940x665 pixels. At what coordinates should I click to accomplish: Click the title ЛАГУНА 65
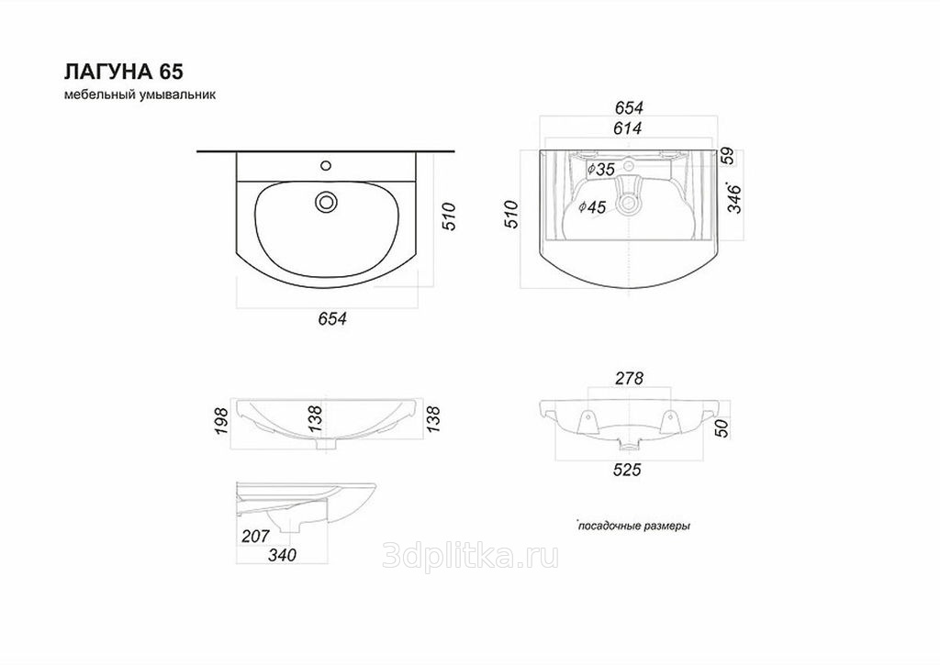click(x=124, y=72)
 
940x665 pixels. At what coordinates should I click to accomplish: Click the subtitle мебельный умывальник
click(x=140, y=94)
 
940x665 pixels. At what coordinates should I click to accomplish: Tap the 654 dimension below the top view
click(x=332, y=318)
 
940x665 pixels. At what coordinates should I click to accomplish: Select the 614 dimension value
click(x=628, y=128)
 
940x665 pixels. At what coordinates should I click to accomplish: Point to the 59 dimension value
click(x=727, y=156)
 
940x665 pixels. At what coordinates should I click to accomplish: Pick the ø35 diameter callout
click(x=601, y=170)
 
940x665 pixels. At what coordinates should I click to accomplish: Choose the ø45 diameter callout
click(x=592, y=207)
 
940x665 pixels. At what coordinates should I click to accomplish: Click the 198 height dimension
click(x=221, y=421)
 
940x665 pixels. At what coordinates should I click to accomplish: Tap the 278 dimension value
click(x=629, y=379)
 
